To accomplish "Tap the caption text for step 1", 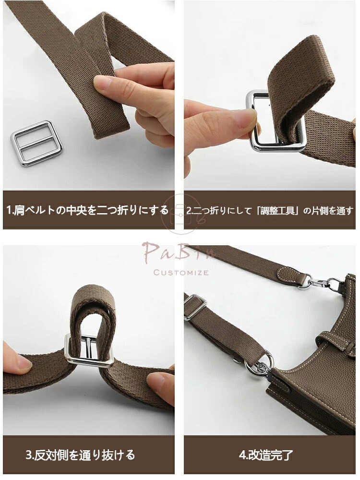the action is pyautogui.click(x=87, y=210).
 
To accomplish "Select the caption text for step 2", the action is pyautogui.click(x=270, y=210).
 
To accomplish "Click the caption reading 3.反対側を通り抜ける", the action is pyautogui.click(x=80, y=455).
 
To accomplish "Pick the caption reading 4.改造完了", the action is pyautogui.click(x=266, y=455).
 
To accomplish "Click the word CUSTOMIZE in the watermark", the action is pyautogui.click(x=181, y=273).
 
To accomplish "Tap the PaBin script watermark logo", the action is pyautogui.click(x=179, y=252).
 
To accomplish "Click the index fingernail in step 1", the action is pyautogui.click(x=101, y=83).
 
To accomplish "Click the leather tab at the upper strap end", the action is pyautogui.click(x=292, y=276).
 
